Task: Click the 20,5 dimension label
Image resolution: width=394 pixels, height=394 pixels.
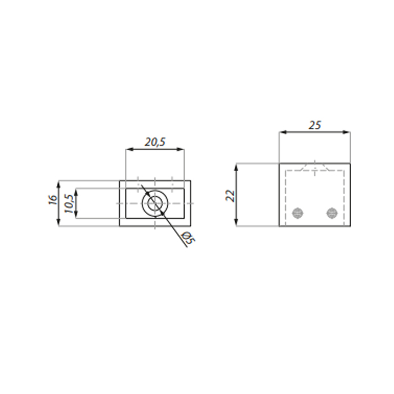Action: pyautogui.click(x=155, y=142)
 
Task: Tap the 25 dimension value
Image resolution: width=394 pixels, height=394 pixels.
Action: pyautogui.click(x=315, y=125)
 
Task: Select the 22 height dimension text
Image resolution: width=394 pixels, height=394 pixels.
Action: pyautogui.click(x=230, y=196)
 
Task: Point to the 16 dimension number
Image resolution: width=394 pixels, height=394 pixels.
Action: pyautogui.click(x=53, y=199)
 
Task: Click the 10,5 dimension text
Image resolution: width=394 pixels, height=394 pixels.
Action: pyautogui.click(x=69, y=204)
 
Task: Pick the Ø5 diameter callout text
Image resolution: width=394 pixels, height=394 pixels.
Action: pyautogui.click(x=188, y=238)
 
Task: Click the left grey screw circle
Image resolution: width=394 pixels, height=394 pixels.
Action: pyautogui.click(x=298, y=213)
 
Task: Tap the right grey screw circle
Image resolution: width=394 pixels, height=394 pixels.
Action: pyautogui.click(x=332, y=213)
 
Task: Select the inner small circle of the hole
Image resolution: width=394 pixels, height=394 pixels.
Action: pyautogui.click(x=155, y=203)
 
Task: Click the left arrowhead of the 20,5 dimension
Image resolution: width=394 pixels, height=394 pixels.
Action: pyautogui.click(x=129, y=149)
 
